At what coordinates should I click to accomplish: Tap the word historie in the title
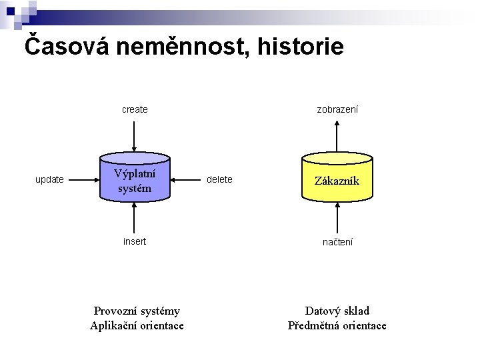tap(301, 47)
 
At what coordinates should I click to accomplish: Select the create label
tap(135, 109)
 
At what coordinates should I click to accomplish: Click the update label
tap(49, 179)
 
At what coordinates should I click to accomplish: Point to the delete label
tap(219, 179)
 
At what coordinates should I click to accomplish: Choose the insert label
tap(135, 241)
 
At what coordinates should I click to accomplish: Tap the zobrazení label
tap(337, 109)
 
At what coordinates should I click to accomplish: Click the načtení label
tap(337, 242)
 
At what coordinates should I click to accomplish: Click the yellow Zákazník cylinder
tap(337, 179)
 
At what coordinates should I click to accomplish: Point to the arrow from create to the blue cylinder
tap(135, 136)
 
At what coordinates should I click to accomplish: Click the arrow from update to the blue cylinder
tap(83, 179)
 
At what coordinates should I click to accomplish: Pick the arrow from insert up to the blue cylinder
tap(135, 218)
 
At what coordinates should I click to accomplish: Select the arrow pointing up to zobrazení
tap(337, 137)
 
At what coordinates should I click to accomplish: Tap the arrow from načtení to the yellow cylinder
tap(337, 218)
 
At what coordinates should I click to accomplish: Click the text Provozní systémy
tap(137, 311)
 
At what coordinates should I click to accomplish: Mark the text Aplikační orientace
tap(137, 325)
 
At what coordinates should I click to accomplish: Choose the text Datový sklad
tap(337, 311)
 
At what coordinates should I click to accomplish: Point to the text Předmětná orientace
tap(337, 325)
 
